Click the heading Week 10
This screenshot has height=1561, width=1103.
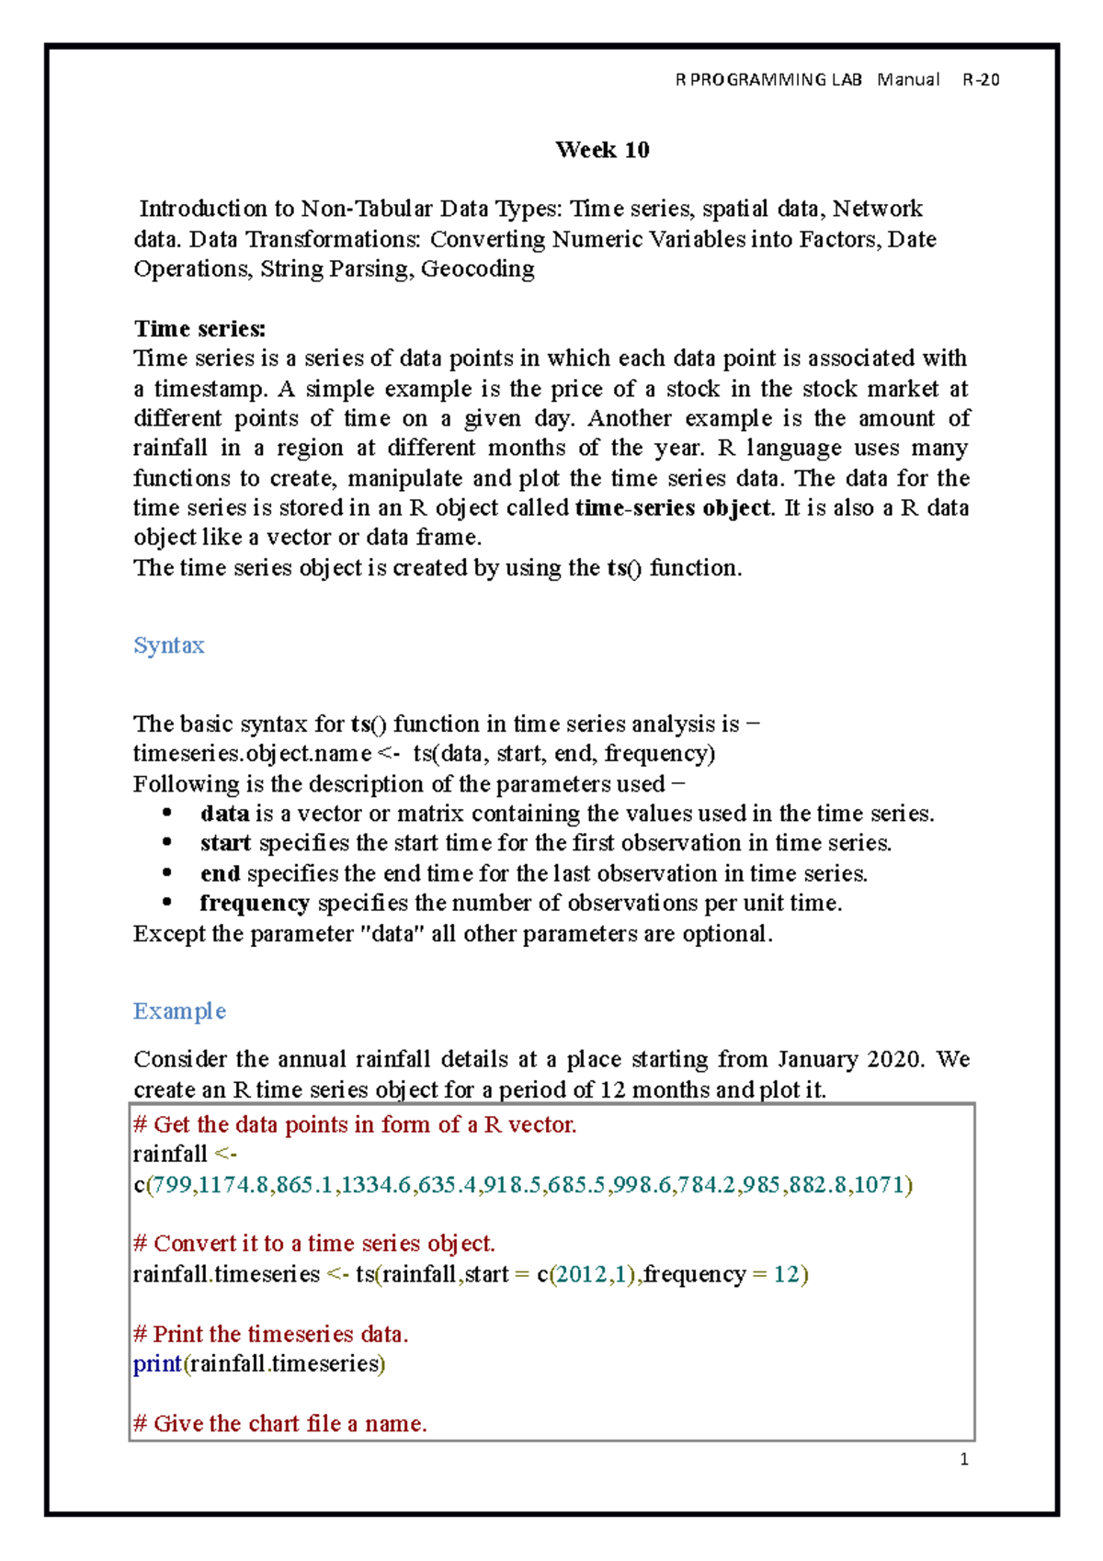click(x=602, y=150)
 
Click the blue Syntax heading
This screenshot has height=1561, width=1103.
click(x=168, y=645)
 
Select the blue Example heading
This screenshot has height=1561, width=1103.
click(x=179, y=1011)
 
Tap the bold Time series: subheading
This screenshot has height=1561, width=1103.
click(x=199, y=328)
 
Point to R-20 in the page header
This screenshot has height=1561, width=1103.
click(x=981, y=80)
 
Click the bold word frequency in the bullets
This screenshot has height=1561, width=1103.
click(x=255, y=904)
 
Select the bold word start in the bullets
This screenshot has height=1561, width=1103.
click(x=225, y=844)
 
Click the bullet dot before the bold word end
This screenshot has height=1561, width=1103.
click(x=166, y=873)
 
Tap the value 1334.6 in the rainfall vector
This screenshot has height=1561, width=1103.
click(x=376, y=1185)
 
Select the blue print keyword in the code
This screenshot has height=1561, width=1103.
click(x=157, y=1364)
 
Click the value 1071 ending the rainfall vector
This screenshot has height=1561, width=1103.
click(x=880, y=1185)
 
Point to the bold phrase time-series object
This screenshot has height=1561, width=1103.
click(x=673, y=508)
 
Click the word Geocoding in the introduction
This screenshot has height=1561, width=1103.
click(x=477, y=269)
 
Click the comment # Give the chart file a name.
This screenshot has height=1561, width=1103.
click(x=280, y=1424)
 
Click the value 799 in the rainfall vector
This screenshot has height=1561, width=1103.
click(x=172, y=1185)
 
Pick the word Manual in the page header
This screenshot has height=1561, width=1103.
click(x=907, y=80)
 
